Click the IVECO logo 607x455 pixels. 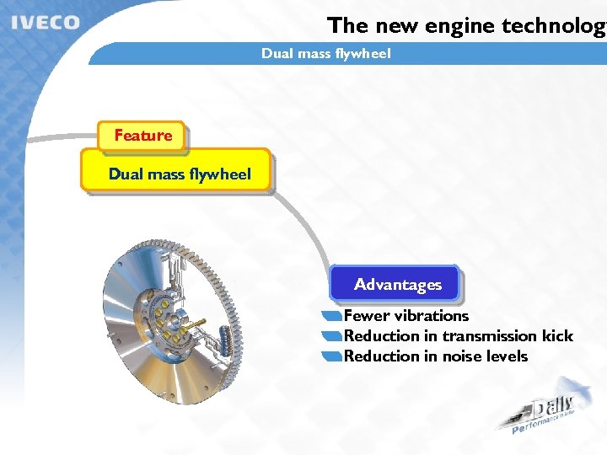(46, 22)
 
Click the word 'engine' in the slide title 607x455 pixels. (460, 25)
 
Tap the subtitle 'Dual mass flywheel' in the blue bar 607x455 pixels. (325, 54)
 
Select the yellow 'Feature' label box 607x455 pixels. (142, 136)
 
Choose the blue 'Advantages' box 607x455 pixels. (397, 285)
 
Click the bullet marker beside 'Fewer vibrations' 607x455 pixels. (332, 317)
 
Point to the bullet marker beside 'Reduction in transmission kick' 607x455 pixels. (332, 337)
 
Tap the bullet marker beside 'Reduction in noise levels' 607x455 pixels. (332, 357)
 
